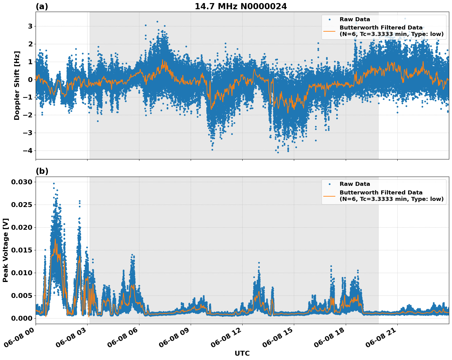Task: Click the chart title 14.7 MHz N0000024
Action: [241, 6]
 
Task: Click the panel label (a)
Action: [42, 6]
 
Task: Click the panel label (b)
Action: [42, 171]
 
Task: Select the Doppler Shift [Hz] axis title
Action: [17, 86]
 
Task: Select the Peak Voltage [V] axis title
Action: [6, 250]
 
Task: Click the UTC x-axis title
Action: [242, 353]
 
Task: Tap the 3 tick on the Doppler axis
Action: [30, 26]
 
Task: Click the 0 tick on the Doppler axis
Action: [30, 80]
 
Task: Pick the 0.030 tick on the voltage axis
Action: [21, 182]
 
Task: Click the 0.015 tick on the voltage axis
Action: [21, 250]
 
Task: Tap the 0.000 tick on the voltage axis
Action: [21, 318]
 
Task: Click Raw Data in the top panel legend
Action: [355, 20]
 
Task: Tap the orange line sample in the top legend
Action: [329, 31]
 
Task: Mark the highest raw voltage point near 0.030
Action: [54, 183]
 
